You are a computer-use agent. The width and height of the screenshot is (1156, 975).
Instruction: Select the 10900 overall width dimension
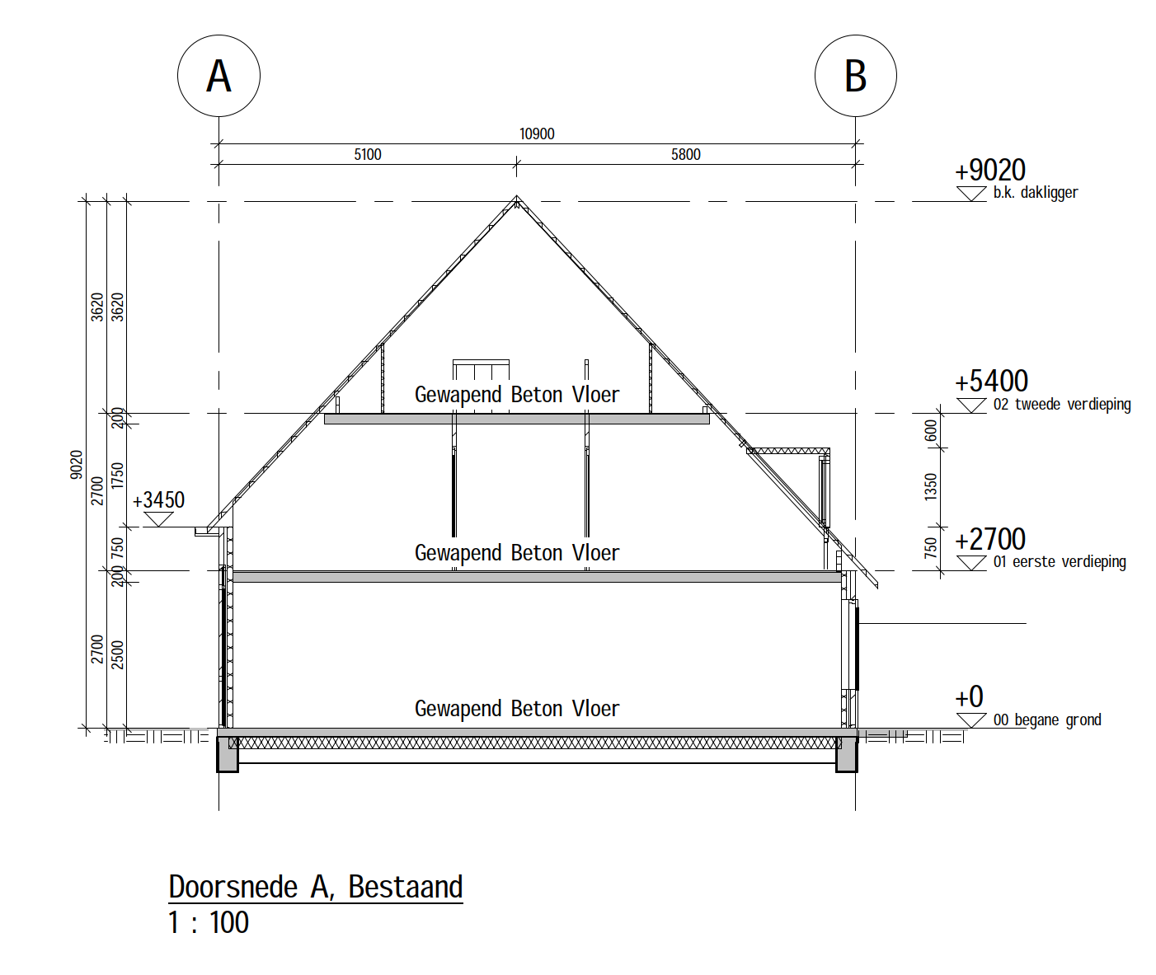(537, 134)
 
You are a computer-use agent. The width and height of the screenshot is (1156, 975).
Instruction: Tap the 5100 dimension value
(368, 154)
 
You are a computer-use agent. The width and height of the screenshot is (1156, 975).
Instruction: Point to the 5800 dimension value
(685, 154)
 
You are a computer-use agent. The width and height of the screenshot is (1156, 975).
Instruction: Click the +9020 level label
(990, 171)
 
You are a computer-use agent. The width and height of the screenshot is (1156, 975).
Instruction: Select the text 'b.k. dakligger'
(1036, 193)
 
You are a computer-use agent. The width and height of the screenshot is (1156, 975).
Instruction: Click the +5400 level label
(991, 382)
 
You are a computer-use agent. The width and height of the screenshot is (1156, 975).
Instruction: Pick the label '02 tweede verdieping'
(1062, 405)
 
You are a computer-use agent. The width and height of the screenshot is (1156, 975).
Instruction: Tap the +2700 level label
(990, 539)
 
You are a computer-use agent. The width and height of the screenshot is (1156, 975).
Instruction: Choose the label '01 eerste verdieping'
(1060, 562)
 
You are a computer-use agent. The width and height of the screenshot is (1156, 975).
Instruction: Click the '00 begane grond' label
(1047, 720)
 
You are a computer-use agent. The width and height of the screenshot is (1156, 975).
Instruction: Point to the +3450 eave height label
(158, 500)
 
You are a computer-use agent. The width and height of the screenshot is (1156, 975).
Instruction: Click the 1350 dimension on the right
(931, 486)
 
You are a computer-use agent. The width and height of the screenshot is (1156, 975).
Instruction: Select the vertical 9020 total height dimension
(77, 465)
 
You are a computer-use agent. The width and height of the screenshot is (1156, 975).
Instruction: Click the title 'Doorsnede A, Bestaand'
(316, 887)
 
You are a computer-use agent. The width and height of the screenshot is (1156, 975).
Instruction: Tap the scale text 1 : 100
(209, 922)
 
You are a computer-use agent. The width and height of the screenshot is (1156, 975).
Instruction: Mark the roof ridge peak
(516, 196)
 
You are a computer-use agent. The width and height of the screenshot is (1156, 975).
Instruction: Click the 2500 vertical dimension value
(117, 654)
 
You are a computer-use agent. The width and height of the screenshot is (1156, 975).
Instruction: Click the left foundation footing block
(228, 754)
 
